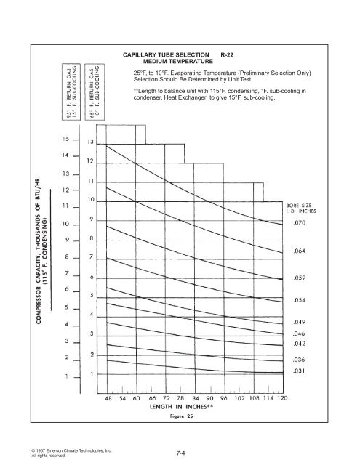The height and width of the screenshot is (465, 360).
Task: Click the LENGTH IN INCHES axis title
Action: click(191, 409)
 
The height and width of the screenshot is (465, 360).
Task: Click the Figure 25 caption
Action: click(191, 419)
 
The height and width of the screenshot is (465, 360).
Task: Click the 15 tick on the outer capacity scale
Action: click(66, 138)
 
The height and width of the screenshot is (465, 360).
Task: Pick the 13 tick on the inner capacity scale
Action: click(91, 141)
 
